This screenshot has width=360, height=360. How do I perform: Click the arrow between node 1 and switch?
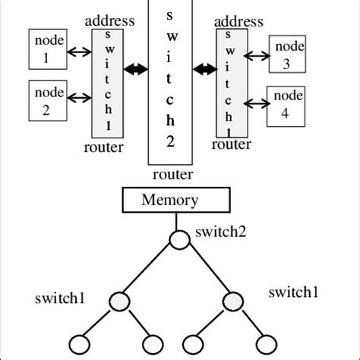pos(78,53)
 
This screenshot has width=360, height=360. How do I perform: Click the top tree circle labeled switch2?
pos(178,240)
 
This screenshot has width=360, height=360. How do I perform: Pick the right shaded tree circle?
pos(232,302)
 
